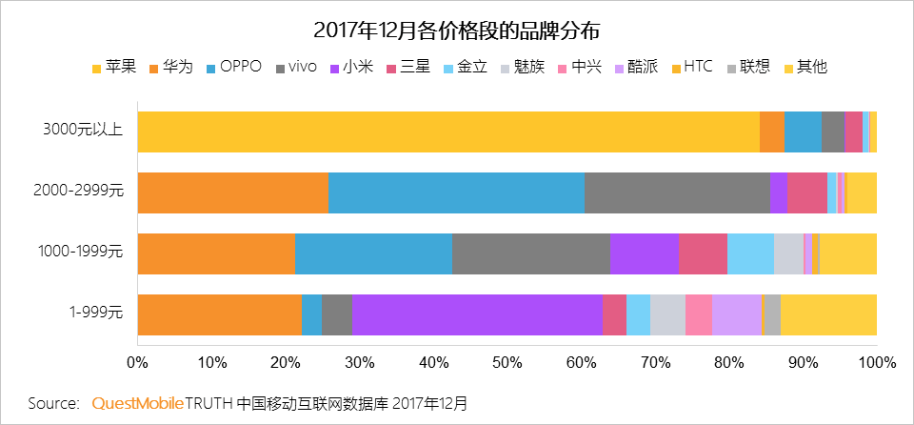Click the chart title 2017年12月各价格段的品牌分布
pyautogui.click(x=457, y=30)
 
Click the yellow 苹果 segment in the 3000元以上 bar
pyautogui.click(x=447, y=131)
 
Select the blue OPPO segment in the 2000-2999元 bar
pyautogui.click(x=456, y=192)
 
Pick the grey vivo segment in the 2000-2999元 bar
pyautogui.click(x=677, y=192)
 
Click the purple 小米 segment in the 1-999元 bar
pyautogui.click(x=477, y=314)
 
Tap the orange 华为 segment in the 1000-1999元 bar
pyautogui.click(x=216, y=253)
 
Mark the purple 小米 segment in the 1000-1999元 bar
pyautogui.click(x=645, y=253)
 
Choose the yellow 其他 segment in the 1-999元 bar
pyautogui.click(x=828, y=314)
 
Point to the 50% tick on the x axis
pyautogui.click(x=507, y=363)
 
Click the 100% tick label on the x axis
pyautogui.click(x=876, y=363)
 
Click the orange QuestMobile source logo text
pyautogui.click(x=137, y=403)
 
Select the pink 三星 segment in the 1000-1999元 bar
pyautogui.click(x=703, y=253)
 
